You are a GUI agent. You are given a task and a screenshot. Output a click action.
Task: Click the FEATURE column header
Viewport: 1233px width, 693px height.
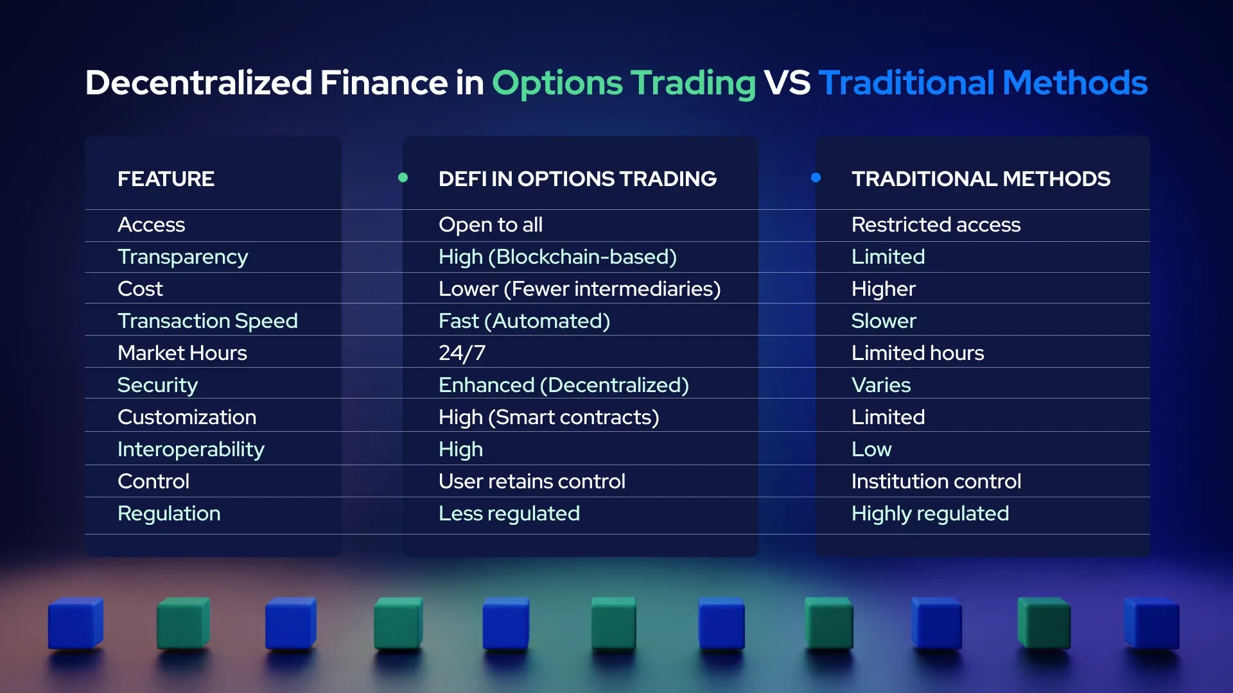166,178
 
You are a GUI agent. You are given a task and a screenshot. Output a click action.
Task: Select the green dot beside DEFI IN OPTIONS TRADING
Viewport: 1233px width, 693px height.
403,178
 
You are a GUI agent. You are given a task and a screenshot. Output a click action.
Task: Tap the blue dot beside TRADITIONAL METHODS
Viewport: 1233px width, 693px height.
816,178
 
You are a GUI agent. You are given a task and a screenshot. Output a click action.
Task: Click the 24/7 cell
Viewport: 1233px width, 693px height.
462,353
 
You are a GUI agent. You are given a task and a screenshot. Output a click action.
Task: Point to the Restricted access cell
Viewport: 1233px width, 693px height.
935,225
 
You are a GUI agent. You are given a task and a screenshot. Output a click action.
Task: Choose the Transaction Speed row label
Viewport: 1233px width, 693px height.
207,321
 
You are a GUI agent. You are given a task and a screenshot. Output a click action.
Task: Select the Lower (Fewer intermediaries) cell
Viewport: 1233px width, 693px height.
579,289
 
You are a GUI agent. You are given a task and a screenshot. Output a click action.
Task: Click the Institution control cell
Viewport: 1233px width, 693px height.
936,481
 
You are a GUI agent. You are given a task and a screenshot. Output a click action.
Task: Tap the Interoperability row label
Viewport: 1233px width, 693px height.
191,449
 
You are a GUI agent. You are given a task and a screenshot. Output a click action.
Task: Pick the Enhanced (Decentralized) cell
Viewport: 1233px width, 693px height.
563,385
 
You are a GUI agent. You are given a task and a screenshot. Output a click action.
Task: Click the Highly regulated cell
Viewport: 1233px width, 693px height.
929,513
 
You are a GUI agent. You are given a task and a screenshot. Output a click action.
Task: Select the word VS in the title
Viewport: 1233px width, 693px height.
787,83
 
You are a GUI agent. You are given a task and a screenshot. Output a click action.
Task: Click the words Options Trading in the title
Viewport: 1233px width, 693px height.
624,83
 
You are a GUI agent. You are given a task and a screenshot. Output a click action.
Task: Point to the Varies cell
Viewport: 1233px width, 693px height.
880,385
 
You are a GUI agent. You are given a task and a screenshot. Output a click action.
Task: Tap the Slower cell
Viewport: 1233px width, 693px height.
883,321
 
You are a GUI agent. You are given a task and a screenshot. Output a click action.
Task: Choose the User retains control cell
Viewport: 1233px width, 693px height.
531,481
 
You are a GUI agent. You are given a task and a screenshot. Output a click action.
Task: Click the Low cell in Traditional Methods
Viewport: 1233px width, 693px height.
871,449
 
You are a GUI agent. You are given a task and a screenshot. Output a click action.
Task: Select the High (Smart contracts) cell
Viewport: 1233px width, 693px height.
548,417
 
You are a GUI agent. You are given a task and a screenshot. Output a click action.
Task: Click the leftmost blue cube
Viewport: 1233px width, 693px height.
76,623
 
